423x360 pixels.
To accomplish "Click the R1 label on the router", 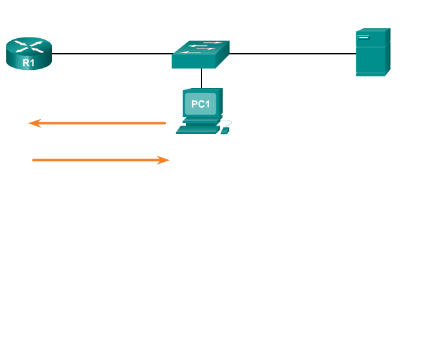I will pos(29,63).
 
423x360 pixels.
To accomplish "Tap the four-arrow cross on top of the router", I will pos(29,46).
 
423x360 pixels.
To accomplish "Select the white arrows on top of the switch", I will pos(200,47).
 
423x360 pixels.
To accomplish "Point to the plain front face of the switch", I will pos(194,62).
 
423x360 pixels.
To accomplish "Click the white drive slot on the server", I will pos(363,37).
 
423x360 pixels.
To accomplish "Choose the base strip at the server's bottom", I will pos(371,74).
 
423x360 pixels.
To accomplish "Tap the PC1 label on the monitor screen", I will pos(201,104).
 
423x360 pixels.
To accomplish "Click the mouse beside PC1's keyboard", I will pos(225,131).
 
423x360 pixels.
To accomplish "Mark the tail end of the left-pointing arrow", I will pos(165,123).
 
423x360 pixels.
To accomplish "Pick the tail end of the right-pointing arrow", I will pos(33,160).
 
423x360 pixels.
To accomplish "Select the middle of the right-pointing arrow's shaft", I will pos(97,160).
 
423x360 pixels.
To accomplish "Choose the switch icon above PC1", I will pos(201,54).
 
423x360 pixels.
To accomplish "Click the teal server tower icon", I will pos(372,52).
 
